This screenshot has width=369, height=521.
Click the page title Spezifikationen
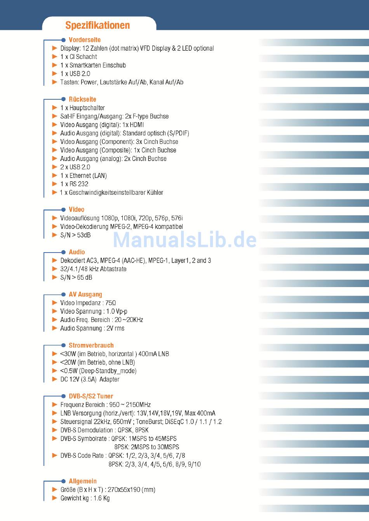pos(97,26)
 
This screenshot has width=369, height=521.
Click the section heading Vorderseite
pos(85,40)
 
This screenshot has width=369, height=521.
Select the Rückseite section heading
pos(82,99)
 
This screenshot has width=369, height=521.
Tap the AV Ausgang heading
pos(85,294)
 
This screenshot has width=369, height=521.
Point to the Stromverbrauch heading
pos(91,345)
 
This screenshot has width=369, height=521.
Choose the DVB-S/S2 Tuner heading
pos(91,396)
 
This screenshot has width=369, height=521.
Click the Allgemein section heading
pos(83,481)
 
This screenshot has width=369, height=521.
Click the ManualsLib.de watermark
pos(185,240)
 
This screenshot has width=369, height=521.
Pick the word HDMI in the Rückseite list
pos(137,125)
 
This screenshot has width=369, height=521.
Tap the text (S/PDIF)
pos(178,133)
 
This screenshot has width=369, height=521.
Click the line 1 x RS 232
pos(74,184)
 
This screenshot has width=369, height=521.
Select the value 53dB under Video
pos(84,235)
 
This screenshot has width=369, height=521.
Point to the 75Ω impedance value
pos(111,303)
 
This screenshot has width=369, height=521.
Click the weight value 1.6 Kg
pos(101,498)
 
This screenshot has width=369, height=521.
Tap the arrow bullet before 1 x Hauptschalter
pos(55,108)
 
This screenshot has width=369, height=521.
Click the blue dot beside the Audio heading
pos(64,252)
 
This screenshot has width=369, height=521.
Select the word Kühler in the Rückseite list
pos(155,193)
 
